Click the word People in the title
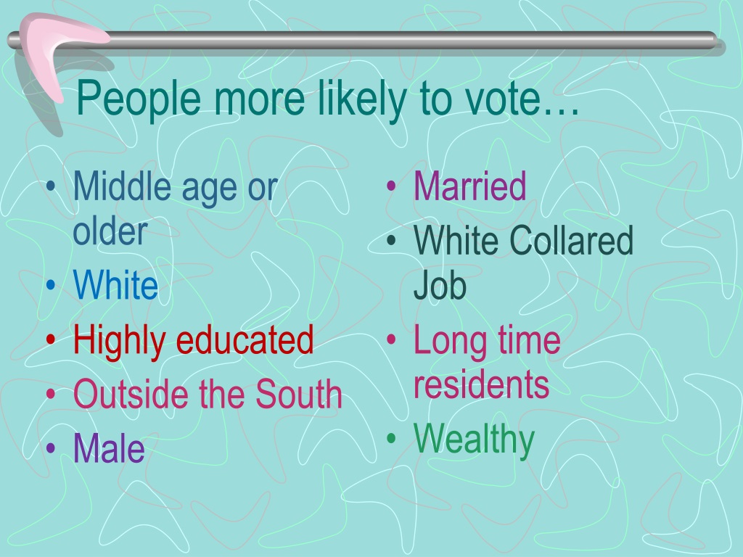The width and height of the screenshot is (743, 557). tap(139, 99)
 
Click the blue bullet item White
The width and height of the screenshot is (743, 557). tap(115, 284)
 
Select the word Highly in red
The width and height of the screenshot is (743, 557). tap(120, 341)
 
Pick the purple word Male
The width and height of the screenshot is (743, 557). tap(109, 447)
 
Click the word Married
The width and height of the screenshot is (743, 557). tap(469, 186)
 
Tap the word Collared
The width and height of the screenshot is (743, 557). tap(572, 240)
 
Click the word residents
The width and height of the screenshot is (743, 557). tap(481, 384)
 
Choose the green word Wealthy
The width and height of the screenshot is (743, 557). tap(474, 440)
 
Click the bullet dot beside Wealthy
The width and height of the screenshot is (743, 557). tap(391, 438)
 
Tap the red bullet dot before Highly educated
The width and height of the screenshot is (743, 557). tap(51, 339)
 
